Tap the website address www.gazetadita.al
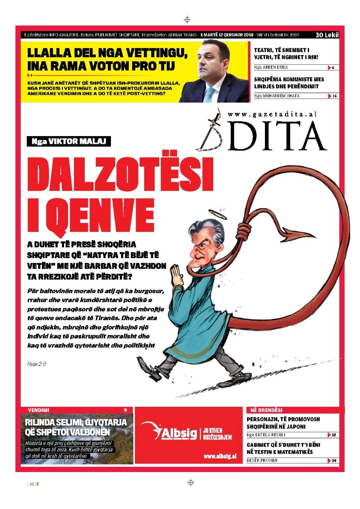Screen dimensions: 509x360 (x=272, y=114)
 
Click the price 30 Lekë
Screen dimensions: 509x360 (x=327, y=35)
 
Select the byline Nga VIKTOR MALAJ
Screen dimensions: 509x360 (x=69, y=141)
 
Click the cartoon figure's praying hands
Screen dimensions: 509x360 (x=175, y=274)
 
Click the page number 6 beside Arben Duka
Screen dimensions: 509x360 (x=333, y=68)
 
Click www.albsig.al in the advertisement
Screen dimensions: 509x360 (x=220, y=456)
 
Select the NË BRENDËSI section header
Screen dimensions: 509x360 (x=266, y=410)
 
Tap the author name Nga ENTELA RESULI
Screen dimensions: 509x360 (x=266, y=435)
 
